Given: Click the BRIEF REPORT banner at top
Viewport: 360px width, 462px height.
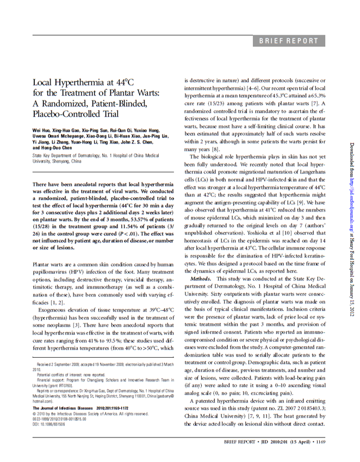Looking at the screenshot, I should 288,41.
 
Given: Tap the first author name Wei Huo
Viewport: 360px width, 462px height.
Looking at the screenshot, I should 42,130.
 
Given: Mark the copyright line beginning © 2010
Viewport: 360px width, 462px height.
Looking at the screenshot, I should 90,413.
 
